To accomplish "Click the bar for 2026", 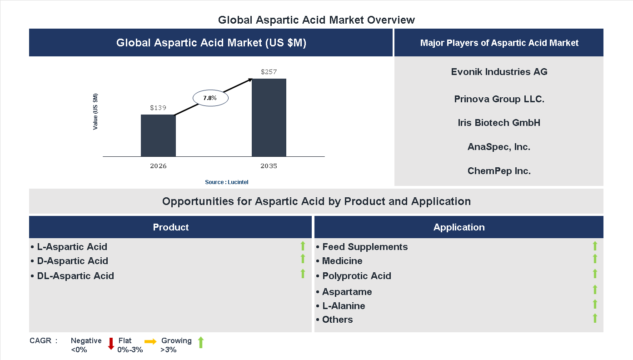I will [158, 135].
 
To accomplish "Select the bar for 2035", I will [269, 118].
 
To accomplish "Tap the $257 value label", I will [269, 72].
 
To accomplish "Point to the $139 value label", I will [158, 108].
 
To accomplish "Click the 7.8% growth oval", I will [210, 98].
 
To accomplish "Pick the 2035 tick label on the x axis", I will [269, 166].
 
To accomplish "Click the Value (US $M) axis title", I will [95, 112].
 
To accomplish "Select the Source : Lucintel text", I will [227, 182].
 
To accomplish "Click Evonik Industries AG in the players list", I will [499, 72].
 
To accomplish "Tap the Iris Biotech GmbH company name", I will [499, 123].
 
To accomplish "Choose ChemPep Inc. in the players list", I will [499, 171].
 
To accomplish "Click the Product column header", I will [170, 227].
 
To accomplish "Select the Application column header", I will [459, 227].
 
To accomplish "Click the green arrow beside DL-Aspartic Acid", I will [303, 274].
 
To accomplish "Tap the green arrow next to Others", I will [595, 318].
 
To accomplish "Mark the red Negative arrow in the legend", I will [111, 344].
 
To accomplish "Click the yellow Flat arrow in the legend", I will [150, 341].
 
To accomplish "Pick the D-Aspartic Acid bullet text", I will [72, 261].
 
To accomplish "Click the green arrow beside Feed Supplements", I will [595, 246].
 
